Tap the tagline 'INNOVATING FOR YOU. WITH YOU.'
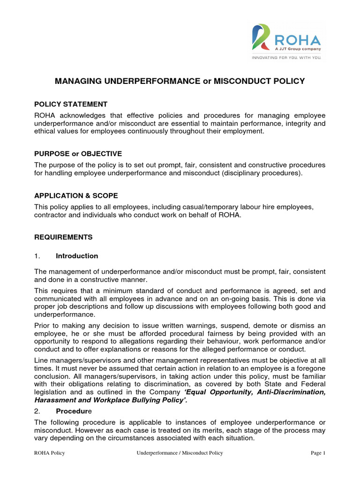[286, 59]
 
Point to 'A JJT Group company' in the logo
[298, 48]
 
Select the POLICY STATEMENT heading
[71, 104]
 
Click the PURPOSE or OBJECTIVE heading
[78, 154]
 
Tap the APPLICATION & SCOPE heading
[76, 195]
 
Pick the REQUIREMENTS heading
[63, 237]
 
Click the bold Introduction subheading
[77, 256]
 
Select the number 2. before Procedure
[37, 410]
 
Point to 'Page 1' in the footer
[318, 453]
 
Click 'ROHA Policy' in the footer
[49, 453]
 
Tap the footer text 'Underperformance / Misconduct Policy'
[180, 453]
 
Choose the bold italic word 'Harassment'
[52, 400]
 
